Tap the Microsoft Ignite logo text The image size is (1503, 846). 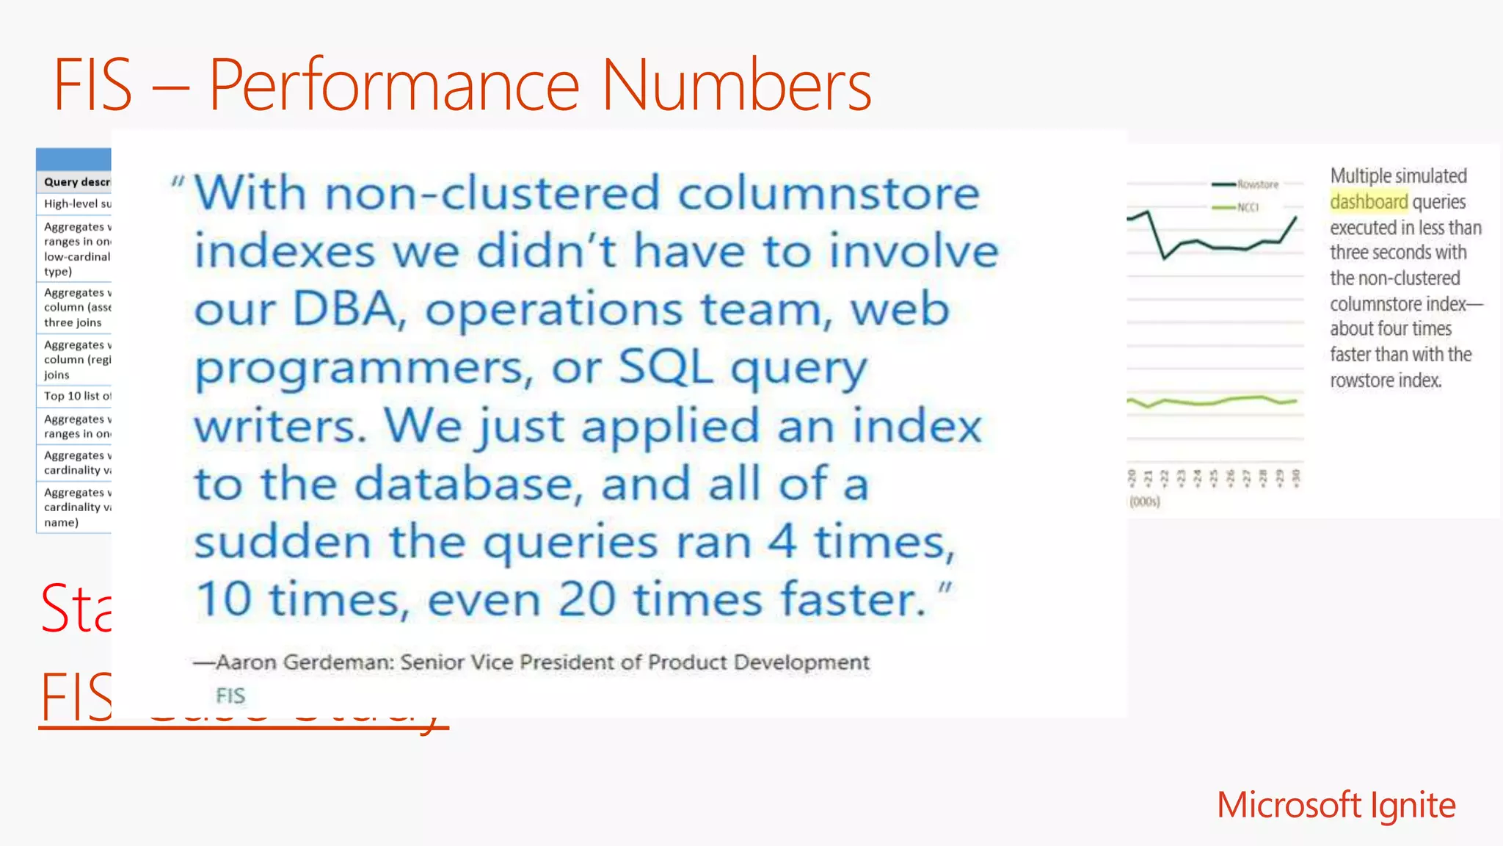(1336, 805)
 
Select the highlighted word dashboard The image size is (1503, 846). (1369, 202)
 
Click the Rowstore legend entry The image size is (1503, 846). (1257, 184)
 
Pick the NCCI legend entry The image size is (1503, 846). (1248, 208)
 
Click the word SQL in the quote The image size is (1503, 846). (665, 366)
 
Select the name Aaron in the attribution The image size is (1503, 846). (247, 662)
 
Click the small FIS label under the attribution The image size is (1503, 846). (230, 695)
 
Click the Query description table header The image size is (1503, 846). (76, 181)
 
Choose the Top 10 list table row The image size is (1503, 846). (76, 396)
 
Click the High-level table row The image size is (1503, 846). (76, 203)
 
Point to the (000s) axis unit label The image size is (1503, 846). (1145, 502)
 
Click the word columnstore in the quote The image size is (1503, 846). (829, 193)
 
